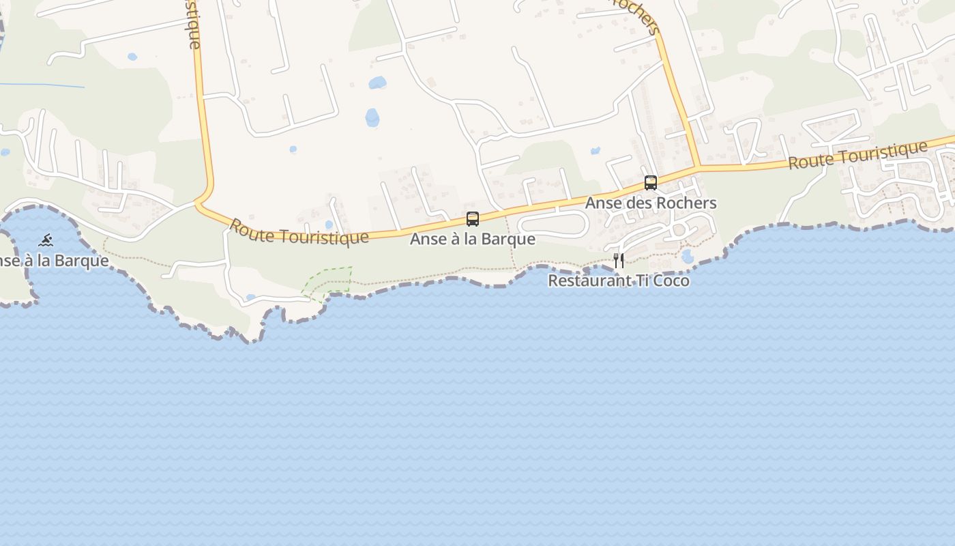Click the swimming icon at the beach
tap(46, 240)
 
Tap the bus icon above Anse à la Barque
tap(472, 219)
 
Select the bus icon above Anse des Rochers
tap(651, 183)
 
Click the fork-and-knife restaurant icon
tap(619, 260)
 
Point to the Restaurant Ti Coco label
tap(619, 281)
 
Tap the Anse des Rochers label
tap(651, 203)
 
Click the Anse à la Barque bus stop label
tap(472, 240)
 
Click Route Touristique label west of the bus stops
tap(299, 231)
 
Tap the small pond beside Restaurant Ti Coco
tap(687, 256)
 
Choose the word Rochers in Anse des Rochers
tap(687, 203)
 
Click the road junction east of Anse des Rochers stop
tap(696, 167)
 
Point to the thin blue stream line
tap(41, 85)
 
